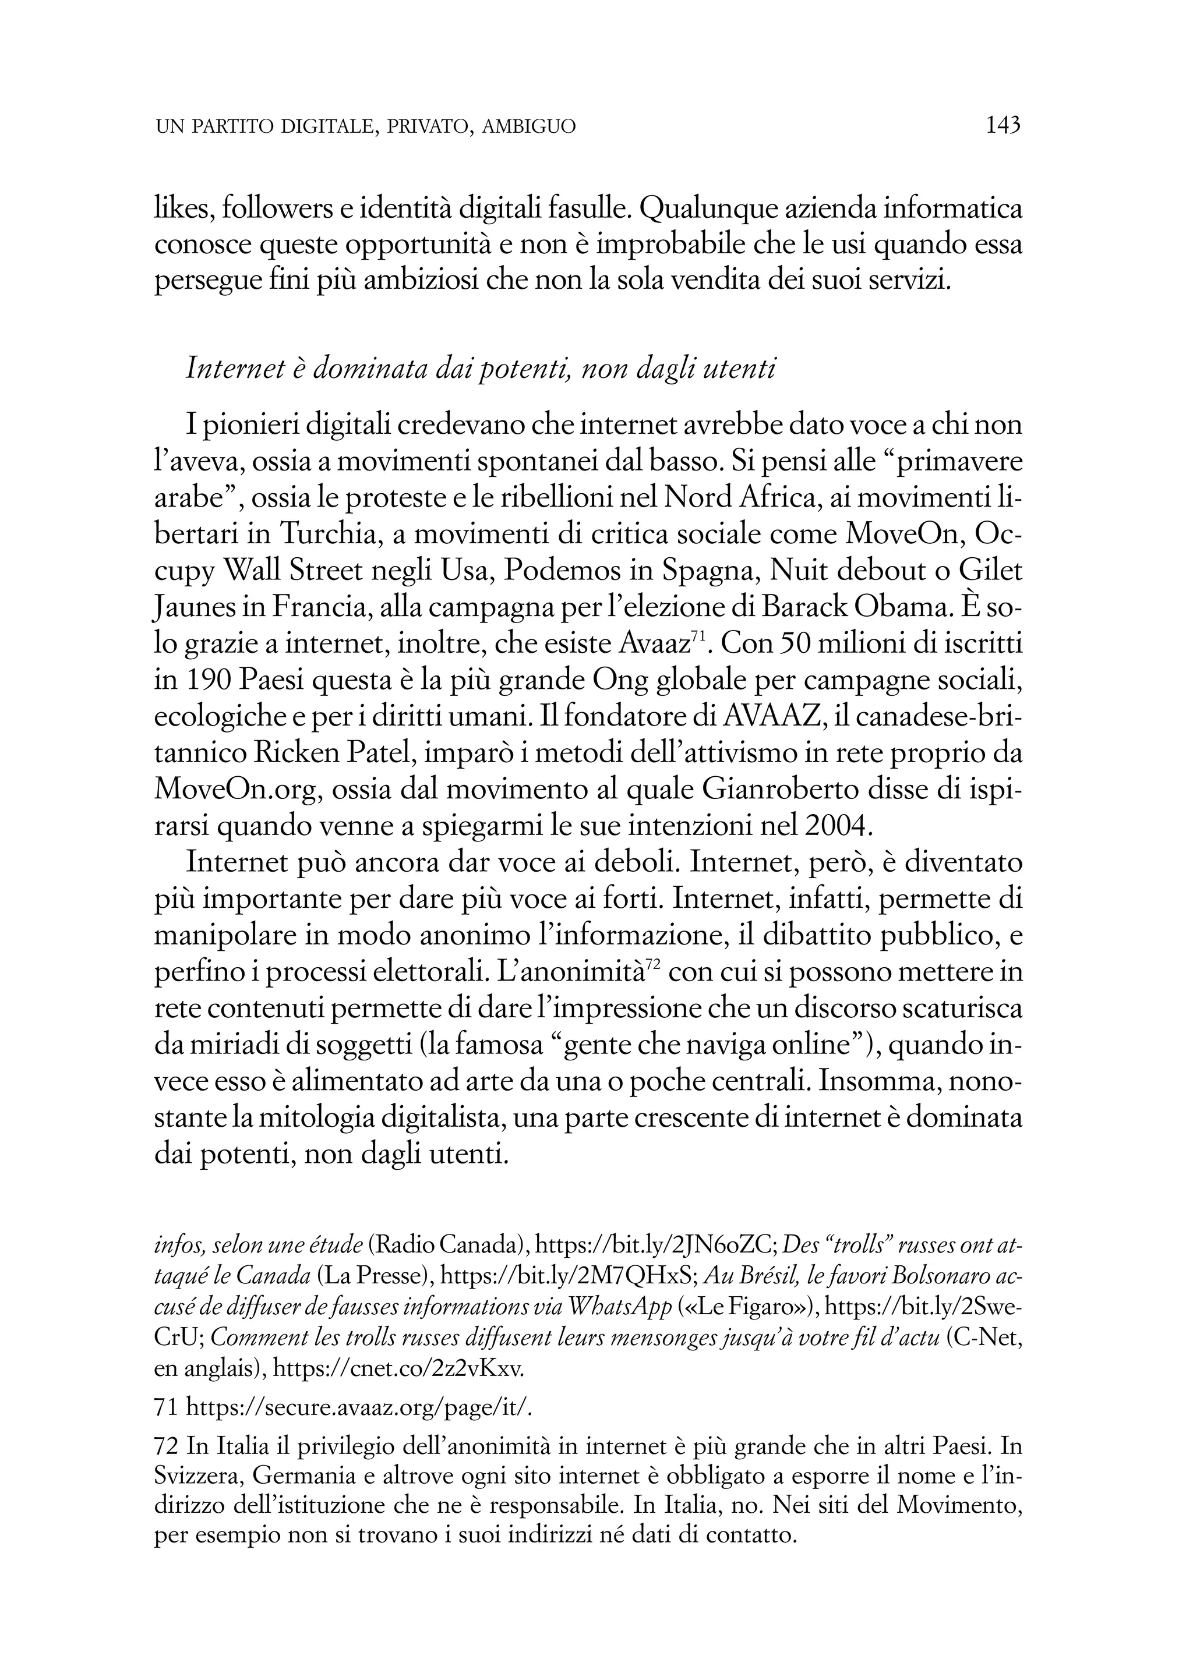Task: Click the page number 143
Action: (1004, 126)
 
